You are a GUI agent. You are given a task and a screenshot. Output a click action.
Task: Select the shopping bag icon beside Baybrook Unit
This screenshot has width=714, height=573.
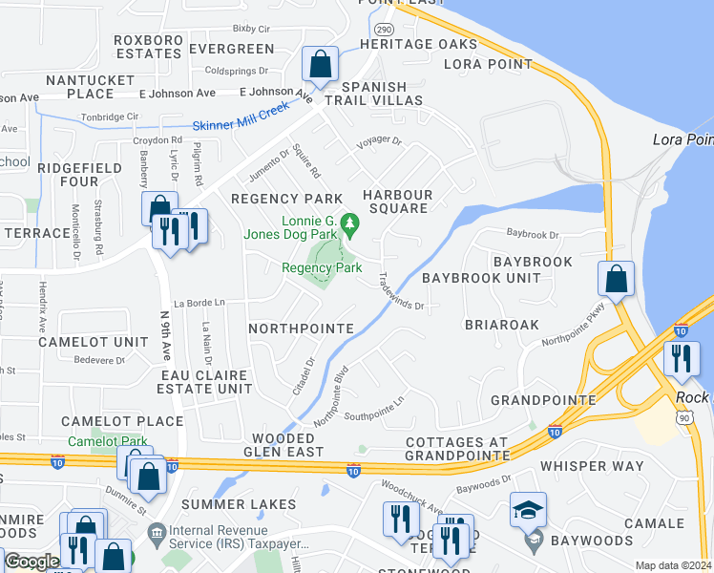tap(616, 279)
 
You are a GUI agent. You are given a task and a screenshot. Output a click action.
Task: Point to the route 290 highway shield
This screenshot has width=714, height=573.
tap(383, 29)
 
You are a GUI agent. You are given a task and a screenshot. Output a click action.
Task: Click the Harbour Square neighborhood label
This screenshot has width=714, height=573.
tap(398, 202)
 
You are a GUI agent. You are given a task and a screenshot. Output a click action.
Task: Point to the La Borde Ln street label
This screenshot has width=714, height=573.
tap(199, 303)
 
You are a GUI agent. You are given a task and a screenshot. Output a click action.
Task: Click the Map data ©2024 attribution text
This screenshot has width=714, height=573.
tap(673, 565)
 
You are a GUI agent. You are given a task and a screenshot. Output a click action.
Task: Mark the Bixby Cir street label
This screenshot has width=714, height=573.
tap(252, 30)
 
